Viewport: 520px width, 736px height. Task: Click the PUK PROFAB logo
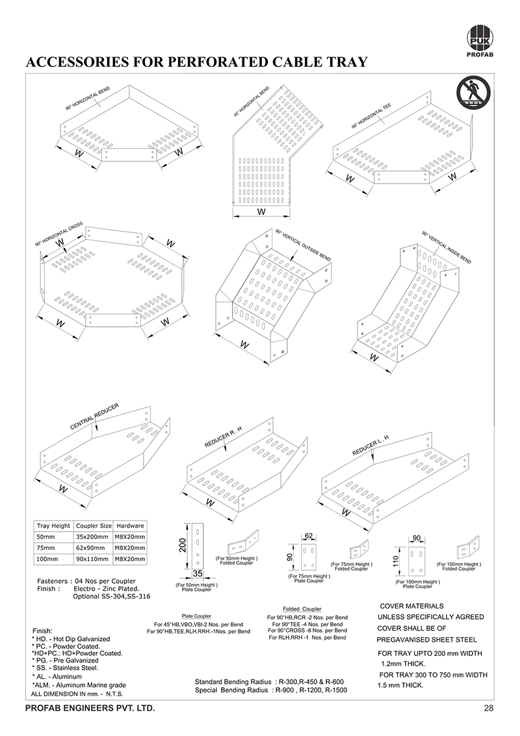480,38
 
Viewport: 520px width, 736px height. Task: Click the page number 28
488,707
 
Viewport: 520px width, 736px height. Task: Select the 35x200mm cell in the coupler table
94,536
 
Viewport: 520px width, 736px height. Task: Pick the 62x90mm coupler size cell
93,547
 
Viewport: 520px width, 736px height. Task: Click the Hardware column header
130,525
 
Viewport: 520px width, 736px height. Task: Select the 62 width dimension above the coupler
309,536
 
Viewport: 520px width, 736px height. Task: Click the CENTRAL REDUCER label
94,416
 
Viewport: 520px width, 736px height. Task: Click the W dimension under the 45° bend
261,211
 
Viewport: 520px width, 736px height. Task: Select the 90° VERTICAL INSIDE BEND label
447,247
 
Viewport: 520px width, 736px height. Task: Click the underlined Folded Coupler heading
302,608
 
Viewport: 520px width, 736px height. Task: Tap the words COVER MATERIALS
411,605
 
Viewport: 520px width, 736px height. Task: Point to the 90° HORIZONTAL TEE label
371,115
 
